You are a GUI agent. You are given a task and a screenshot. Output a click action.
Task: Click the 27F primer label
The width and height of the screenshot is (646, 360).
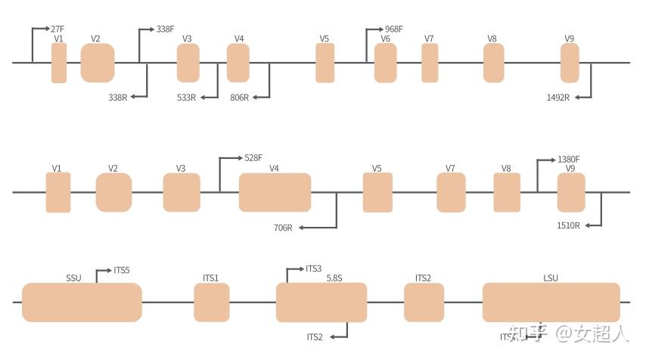[57, 29]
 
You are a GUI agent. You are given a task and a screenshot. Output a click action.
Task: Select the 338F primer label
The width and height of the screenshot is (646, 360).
[165, 29]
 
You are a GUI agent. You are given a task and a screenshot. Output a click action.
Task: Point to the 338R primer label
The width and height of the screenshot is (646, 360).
[118, 97]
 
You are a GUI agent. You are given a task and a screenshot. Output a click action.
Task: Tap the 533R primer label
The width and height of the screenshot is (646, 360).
[186, 97]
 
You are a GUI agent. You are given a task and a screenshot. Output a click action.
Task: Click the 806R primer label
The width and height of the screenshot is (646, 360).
[239, 97]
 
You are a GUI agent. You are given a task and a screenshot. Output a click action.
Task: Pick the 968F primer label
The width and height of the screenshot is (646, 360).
[393, 29]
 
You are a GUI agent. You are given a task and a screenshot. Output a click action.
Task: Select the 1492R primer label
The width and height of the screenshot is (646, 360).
[557, 97]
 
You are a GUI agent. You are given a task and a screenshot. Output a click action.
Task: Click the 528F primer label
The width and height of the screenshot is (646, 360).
[253, 158]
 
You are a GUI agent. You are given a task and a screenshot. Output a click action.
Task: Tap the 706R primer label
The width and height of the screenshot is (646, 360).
[284, 227]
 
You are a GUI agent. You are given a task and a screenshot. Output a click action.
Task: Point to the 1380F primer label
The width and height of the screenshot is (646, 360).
[568, 159]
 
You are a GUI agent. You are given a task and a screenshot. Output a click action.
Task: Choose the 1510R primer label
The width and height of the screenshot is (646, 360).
[568, 225]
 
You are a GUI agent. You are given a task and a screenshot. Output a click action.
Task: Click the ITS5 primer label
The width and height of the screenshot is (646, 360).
[122, 269]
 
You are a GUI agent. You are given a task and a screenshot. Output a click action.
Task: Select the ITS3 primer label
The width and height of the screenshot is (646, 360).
[314, 268]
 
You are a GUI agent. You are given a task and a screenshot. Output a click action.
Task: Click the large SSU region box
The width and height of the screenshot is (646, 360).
[82, 303]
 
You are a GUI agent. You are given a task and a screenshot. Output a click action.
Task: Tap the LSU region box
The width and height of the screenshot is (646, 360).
[551, 303]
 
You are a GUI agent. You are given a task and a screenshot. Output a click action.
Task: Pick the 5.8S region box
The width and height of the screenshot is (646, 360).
[321, 303]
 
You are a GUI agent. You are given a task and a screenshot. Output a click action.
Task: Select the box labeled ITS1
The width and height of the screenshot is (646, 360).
[212, 303]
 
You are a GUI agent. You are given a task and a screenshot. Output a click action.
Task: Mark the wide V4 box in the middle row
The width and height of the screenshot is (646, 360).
[275, 192]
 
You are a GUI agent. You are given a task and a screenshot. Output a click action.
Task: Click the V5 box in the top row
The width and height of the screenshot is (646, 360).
[325, 63]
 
